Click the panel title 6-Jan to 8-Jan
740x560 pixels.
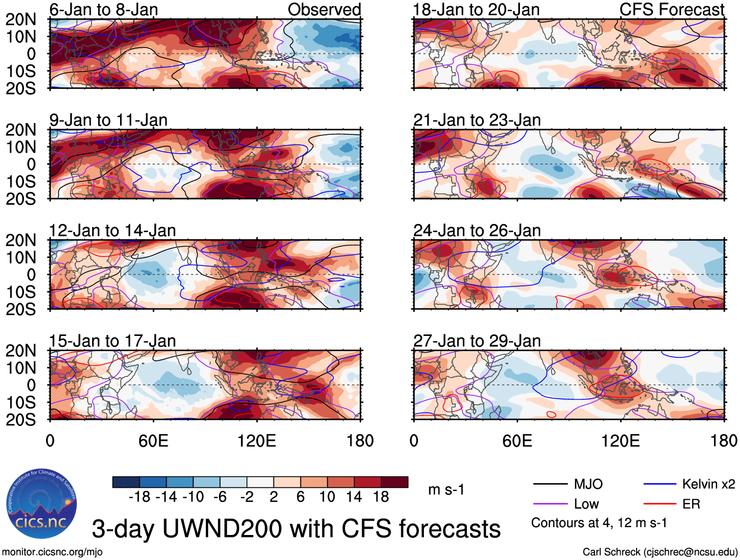click(x=103, y=9)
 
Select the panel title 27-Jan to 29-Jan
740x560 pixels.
click(x=477, y=341)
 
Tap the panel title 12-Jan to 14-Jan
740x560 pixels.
click(x=112, y=230)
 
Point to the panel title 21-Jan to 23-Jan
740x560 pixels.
click(x=477, y=120)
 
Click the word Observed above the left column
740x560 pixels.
click(x=324, y=9)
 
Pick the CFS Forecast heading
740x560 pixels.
click(x=671, y=9)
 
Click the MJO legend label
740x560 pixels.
click(x=588, y=484)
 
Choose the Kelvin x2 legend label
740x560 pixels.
click(x=708, y=484)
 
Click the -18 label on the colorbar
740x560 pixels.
click(x=139, y=497)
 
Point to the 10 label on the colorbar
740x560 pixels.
click(x=327, y=497)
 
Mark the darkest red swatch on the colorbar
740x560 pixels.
click(x=395, y=483)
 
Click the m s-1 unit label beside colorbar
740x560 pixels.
click(x=446, y=490)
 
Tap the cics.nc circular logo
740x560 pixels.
click(x=41, y=504)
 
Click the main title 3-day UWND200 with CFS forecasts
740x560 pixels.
click(x=296, y=529)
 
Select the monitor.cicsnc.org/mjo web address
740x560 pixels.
click(x=52, y=552)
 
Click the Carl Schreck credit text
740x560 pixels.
click(x=660, y=552)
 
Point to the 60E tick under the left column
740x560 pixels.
click(x=153, y=441)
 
